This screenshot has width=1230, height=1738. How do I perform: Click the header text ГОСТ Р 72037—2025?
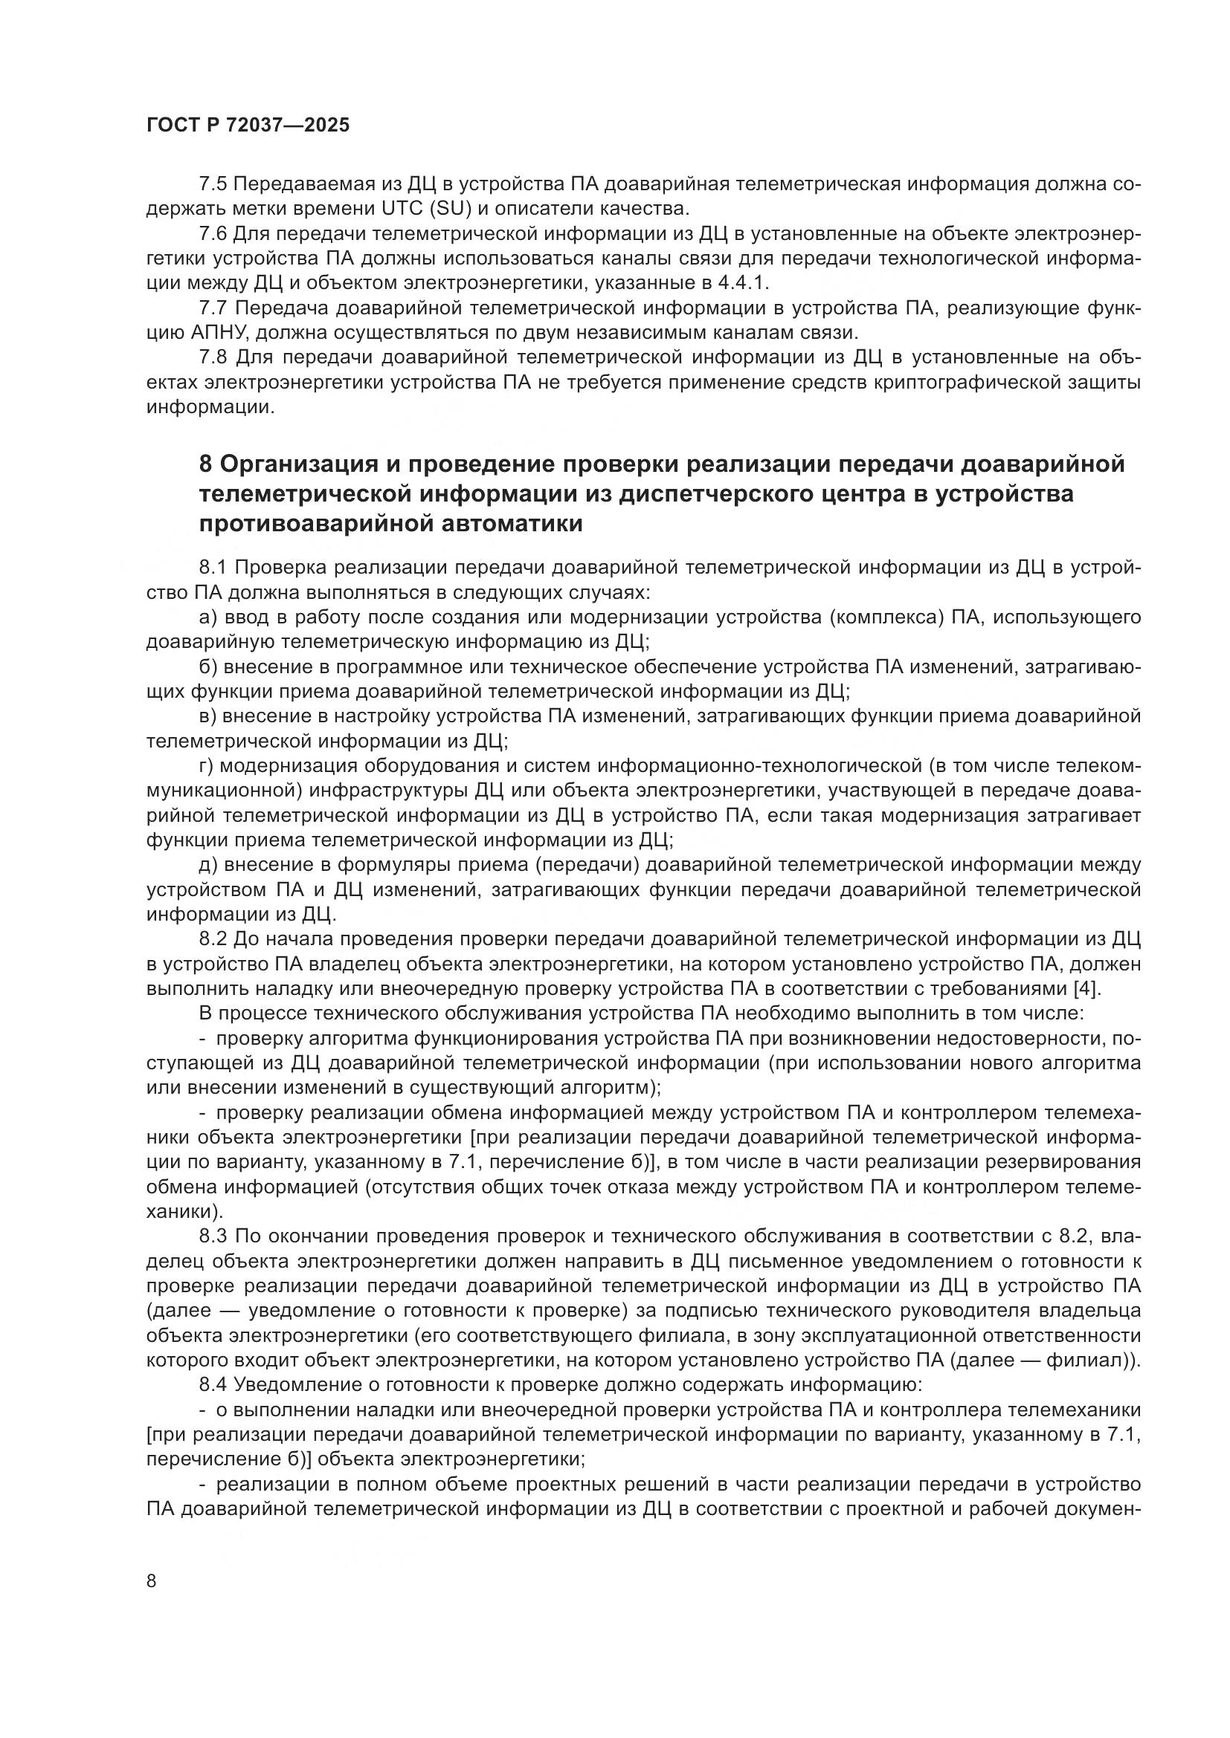(x=248, y=126)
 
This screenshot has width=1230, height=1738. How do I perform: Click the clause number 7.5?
(x=213, y=184)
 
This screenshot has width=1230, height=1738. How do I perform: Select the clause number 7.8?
(x=213, y=358)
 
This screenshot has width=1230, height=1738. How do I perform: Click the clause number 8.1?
(x=213, y=568)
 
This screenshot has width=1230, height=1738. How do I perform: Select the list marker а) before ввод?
(x=207, y=617)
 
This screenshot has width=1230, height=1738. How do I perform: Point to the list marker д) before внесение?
(x=207, y=865)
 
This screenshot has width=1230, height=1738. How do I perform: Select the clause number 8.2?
(x=213, y=939)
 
